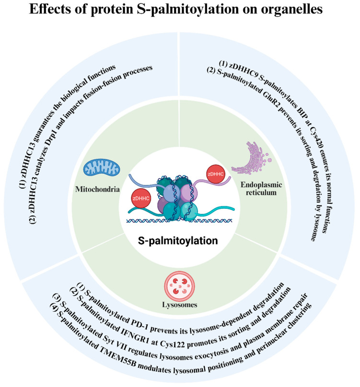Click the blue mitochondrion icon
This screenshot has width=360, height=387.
click(102, 168)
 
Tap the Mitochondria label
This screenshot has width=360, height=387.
click(97, 189)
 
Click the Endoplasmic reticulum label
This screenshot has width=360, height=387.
click(261, 189)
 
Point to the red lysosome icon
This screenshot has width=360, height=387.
click(180, 286)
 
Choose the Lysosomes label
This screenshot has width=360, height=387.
click(180, 305)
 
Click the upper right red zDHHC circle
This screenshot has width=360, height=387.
click(216, 174)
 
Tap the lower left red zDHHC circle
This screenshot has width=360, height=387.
click(141, 198)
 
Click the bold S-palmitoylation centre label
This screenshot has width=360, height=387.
click(178, 241)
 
